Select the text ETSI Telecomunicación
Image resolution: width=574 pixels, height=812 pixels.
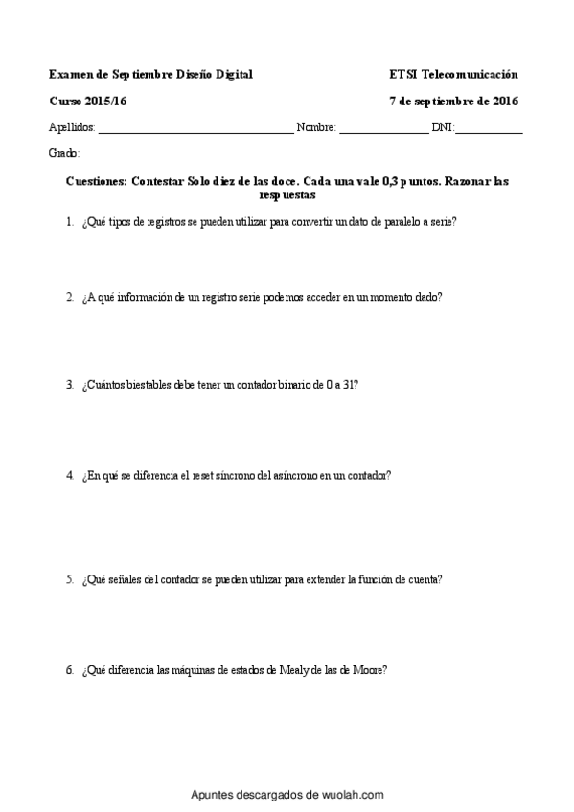pyautogui.click(x=453, y=74)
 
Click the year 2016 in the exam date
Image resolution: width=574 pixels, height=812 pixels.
pyautogui.click(x=504, y=101)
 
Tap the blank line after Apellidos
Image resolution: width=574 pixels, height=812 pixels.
pyautogui.click(x=195, y=129)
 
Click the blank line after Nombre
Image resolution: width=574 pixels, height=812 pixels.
pyautogui.click(x=383, y=129)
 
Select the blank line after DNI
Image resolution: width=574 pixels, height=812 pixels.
pyautogui.click(x=489, y=129)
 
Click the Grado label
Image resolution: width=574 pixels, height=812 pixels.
pyautogui.click(x=63, y=153)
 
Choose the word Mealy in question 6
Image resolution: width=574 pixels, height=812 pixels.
pyautogui.click(x=293, y=670)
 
